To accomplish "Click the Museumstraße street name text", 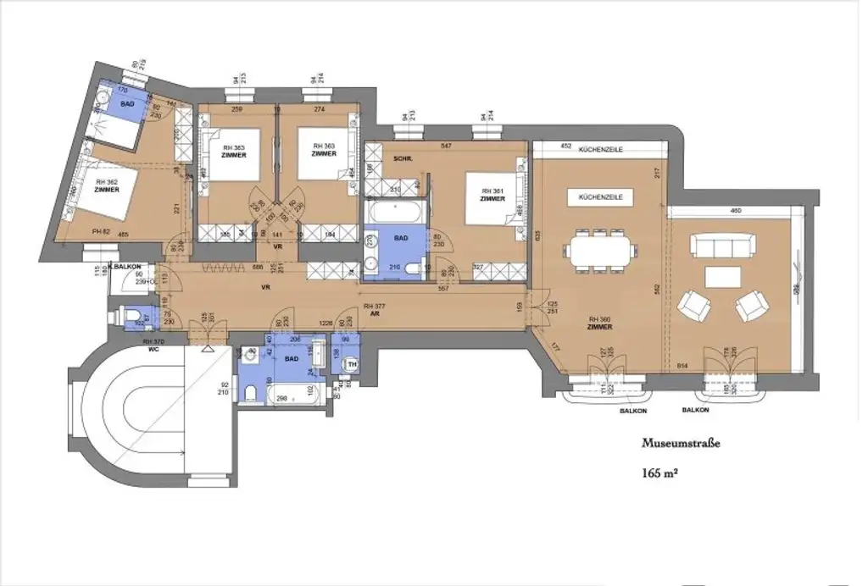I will pyautogui.click(x=680, y=443).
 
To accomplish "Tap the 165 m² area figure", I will pyautogui.click(x=661, y=473).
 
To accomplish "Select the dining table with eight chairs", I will pyautogui.click(x=602, y=250).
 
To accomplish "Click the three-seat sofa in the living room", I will pyautogui.click(x=721, y=246).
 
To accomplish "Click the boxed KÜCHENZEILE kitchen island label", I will pyautogui.click(x=600, y=196).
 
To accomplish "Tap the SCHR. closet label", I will pyautogui.click(x=402, y=159).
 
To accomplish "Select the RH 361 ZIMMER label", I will pyautogui.click(x=492, y=195).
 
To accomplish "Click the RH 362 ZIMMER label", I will pyautogui.click(x=107, y=185).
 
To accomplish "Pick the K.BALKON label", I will pyautogui.click(x=124, y=266).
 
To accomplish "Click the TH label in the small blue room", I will pyautogui.click(x=351, y=366).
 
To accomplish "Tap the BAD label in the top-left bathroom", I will pyautogui.click(x=128, y=103).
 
